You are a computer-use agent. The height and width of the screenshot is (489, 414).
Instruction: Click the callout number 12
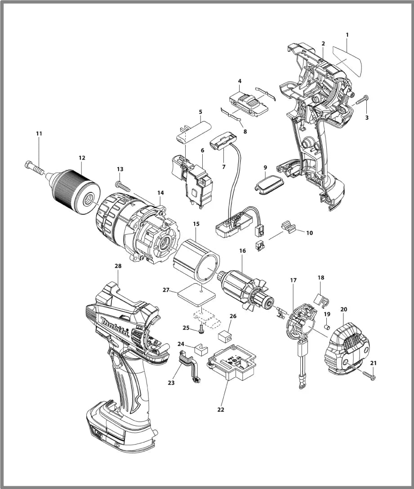[x=81, y=158]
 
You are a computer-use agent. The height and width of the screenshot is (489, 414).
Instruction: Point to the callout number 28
[x=118, y=266]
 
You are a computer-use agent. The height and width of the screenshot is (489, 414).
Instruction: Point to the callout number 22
[x=220, y=409]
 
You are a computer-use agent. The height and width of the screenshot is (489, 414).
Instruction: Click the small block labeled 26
[x=224, y=335]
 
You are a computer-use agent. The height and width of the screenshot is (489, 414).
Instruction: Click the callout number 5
[x=200, y=111]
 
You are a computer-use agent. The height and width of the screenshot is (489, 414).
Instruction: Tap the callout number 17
[x=293, y=280]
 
